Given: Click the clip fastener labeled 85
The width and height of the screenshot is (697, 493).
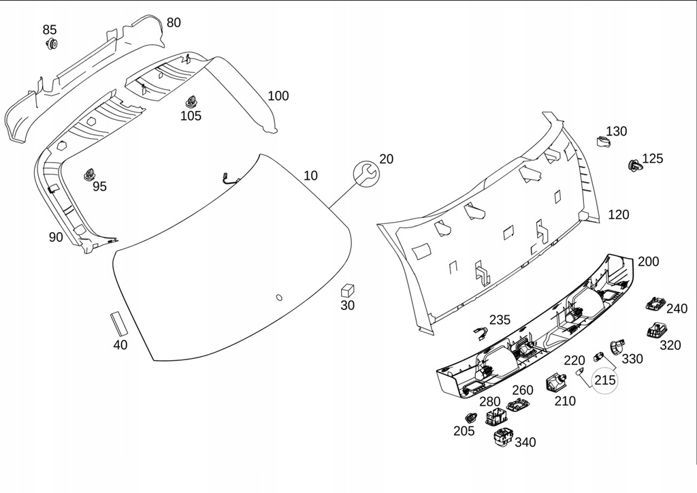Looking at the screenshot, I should tap(50, 45).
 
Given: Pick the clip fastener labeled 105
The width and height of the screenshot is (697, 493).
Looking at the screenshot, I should tap(191, 101).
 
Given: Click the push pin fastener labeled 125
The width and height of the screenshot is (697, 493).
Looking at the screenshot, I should tap(634, 165).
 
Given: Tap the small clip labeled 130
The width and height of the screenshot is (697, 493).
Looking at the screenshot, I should tap(602, 142).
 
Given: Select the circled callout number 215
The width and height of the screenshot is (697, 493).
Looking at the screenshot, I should tap(605, 380).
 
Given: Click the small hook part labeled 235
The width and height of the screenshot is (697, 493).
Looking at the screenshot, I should tap(482, 333).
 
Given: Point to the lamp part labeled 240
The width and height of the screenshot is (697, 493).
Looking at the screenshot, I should tap(655, 303).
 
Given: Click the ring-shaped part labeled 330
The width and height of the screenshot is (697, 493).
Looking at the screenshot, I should tap(617, 345).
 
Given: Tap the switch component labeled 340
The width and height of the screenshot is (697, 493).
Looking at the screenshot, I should tap(504, 439).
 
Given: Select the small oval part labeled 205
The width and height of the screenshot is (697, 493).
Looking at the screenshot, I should tap(470, 418).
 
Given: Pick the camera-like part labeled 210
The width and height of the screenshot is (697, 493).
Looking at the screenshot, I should tap(556, 383).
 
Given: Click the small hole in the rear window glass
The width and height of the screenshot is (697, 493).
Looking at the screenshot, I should tap(278, 298).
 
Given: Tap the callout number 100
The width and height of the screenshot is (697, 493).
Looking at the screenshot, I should tap(278, 96).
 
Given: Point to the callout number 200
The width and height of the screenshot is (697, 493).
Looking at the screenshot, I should tap(648, 262).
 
